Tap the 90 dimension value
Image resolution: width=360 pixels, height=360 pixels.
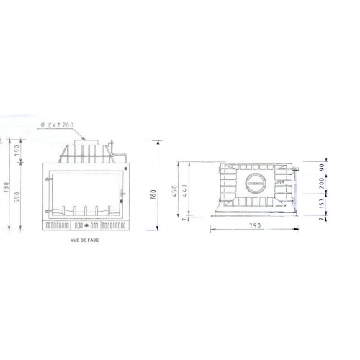[332, 168]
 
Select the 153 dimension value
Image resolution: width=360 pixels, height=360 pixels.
[332, 205]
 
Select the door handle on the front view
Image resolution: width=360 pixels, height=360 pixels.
[121, 194]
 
